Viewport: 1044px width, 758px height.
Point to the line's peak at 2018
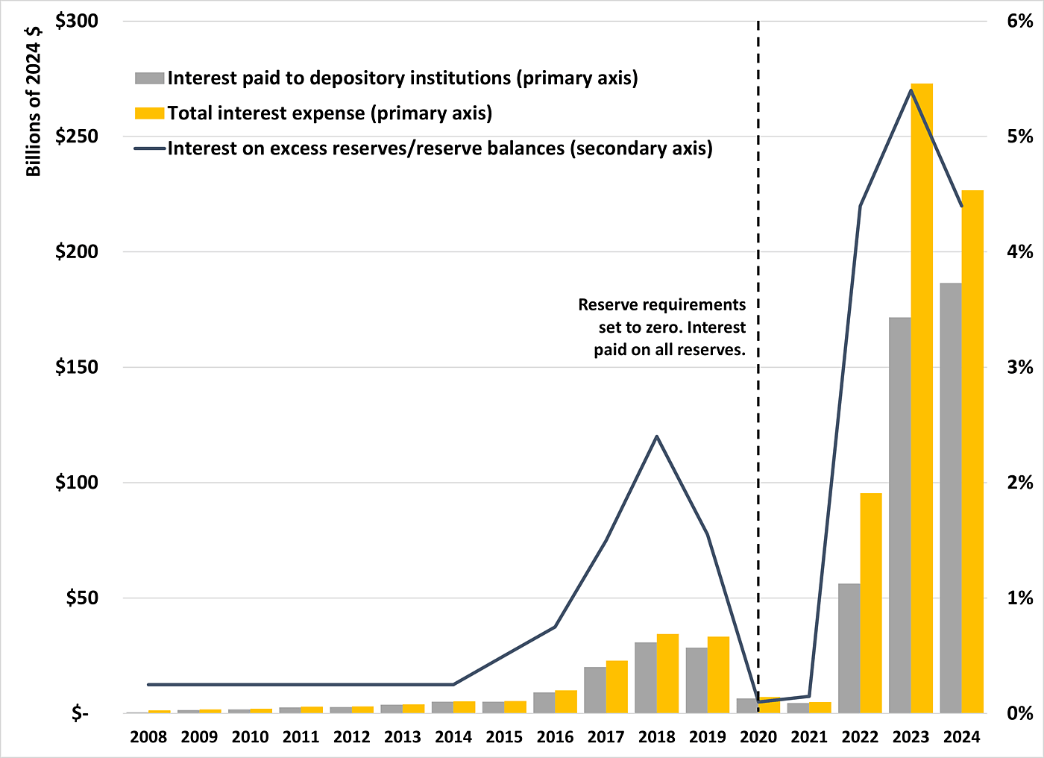(x=656, y=436)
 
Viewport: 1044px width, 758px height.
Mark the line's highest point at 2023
(x=911, y=90)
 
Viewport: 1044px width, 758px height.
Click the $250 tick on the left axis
(x=77, y=137)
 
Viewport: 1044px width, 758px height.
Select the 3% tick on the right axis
(x=1019, y=367)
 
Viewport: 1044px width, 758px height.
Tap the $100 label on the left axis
(x=77, y=483)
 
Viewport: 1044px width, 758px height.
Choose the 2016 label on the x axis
(x=555, y=737)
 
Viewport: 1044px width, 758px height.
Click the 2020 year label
(x=758, y=737)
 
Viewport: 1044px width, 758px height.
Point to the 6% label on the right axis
(x=1019, y=21)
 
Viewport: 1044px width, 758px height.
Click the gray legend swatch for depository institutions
(x=149, y=78)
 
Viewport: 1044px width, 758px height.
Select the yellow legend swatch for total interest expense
(x=149, y=113)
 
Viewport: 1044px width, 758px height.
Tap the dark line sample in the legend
(x=149, y=148)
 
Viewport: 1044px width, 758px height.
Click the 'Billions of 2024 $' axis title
(x=34, y=101)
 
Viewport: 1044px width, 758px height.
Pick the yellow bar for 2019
(x=718, y=674)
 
